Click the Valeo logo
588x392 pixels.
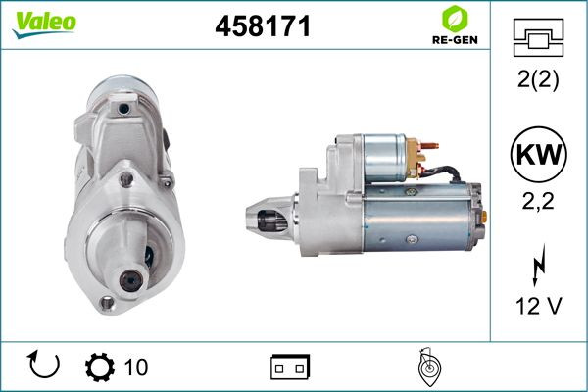tap(44, 24)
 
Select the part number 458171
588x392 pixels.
tap(263, 26)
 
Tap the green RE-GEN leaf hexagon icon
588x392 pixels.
tap(455, 20)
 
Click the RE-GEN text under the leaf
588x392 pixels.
tap(455, 40)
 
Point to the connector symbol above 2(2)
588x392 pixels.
tap(538, 37)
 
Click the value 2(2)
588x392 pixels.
tap(538, 79)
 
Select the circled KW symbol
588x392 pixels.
tap(538, 154)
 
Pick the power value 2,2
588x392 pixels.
tap(538, 201)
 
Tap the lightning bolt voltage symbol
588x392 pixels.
tap(538, 265)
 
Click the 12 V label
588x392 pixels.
tap(539, 306)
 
